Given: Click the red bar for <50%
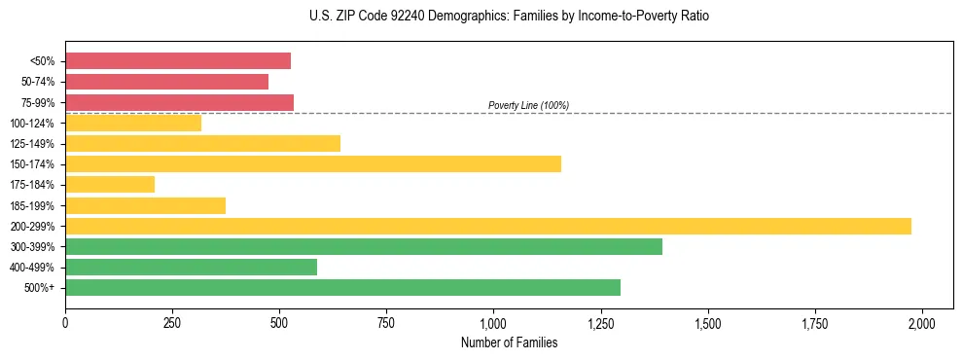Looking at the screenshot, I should point(178,61).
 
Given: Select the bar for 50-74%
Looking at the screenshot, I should point(166,82).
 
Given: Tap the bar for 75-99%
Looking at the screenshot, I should point(179,102).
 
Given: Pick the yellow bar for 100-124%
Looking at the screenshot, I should point(133,123).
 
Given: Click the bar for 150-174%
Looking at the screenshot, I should point(313,163).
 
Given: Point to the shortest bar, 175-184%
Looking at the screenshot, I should point(110,184).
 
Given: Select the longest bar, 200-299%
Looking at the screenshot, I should point(488,226).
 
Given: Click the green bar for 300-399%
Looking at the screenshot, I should point(364,246).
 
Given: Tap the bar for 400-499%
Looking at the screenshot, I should point(191,267).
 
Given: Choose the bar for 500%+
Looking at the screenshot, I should point(342,287).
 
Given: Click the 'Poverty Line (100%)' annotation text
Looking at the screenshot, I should point(528,105).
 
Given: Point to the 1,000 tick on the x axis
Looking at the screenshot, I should point(493,323).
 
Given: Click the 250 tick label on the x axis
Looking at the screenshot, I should point(172,323).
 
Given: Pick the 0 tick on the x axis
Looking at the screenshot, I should point(65,323).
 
